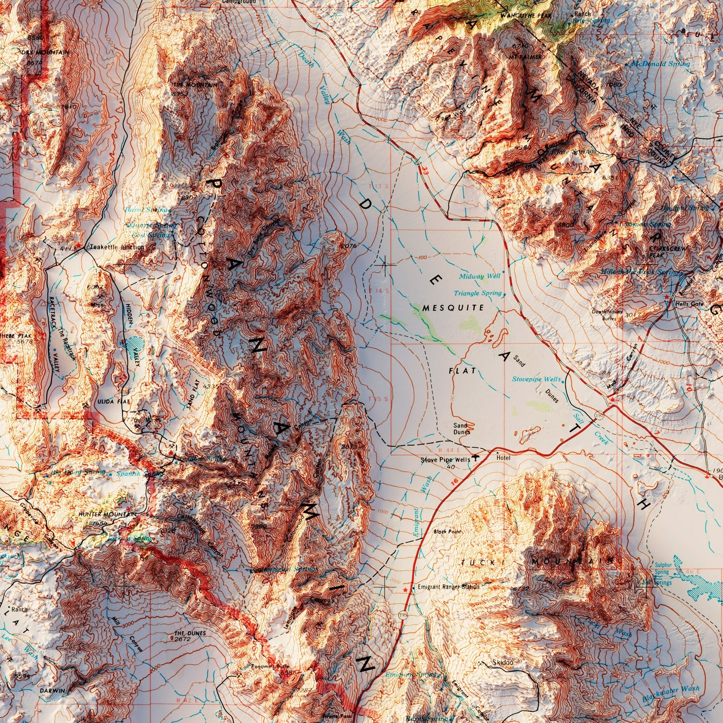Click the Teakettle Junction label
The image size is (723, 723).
116,247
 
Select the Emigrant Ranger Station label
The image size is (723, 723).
448,587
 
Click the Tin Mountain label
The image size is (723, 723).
195,85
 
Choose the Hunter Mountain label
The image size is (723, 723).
107,515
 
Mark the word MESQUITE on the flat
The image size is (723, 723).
453,308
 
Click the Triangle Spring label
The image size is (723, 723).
478,293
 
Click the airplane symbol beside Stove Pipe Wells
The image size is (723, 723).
475,457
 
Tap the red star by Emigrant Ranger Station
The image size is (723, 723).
405,590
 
